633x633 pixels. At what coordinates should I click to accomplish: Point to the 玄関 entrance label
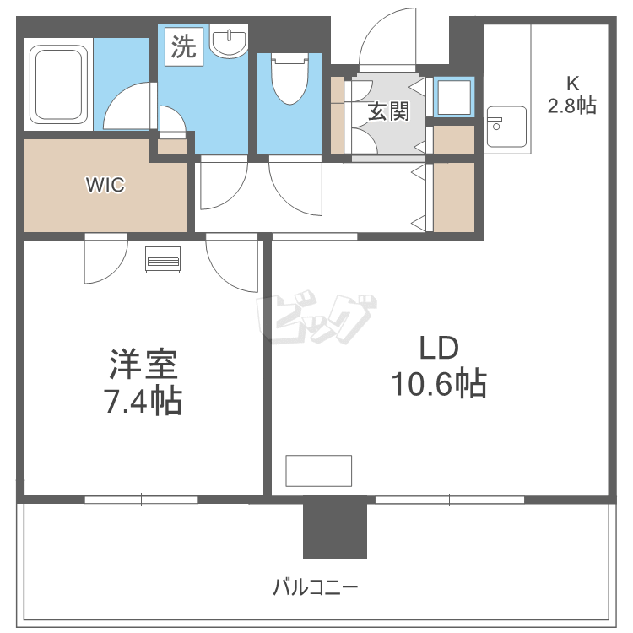388,111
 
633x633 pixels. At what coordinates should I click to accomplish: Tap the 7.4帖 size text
142,402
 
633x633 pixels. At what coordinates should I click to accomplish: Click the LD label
438,348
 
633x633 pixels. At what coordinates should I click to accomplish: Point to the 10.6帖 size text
438,385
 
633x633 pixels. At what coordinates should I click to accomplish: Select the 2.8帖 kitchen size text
572,105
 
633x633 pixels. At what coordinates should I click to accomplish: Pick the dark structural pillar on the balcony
335,527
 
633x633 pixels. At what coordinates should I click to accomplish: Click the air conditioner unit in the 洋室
164,260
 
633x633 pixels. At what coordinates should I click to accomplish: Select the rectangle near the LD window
318,470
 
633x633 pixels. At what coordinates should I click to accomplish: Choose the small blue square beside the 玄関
453,96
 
